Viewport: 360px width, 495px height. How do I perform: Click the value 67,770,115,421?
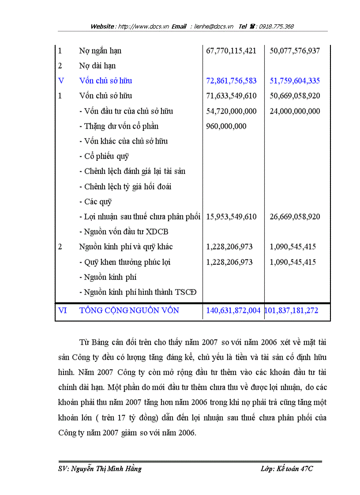[231, 51]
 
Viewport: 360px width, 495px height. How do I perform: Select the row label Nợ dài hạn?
[97, 66]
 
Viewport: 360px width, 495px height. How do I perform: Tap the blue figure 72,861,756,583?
[231, 81]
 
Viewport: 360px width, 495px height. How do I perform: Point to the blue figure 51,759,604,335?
[295, 81]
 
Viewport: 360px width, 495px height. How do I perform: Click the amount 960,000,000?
[226, 126]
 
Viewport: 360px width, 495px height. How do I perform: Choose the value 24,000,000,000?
[295, 111]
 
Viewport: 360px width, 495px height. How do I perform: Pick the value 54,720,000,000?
[231, 111]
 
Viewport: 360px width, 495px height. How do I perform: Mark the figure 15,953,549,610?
[231, 217]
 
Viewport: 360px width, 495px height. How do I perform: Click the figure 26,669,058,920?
[295, 217]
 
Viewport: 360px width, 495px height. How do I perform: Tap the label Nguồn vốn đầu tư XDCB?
[124, 232]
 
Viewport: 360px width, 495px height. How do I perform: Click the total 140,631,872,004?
[233, 310]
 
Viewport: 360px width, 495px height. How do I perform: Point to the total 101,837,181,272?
[291, 310]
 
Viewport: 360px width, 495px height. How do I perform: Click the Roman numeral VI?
[63, 310]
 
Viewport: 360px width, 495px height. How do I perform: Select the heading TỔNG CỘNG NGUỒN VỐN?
[129, 310]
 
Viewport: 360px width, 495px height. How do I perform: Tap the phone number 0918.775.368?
[276, 26]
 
